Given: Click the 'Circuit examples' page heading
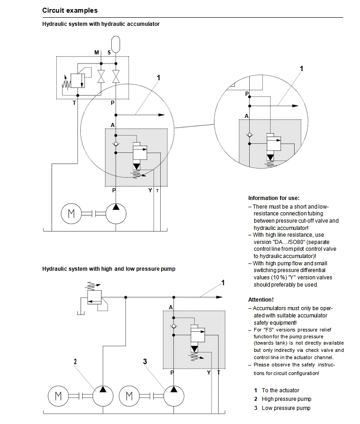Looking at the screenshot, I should coord(69,10).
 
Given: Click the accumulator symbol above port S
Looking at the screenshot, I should coord(116,43).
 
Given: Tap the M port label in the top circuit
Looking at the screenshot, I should coord(97,53).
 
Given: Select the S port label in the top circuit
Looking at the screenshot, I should coord(109,53).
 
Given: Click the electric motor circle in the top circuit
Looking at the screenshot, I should coord(71,213).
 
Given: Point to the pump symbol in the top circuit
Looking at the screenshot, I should coord(116,213).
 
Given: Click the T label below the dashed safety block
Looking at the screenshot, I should coord(74,103).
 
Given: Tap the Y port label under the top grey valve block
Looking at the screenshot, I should coord(150,190).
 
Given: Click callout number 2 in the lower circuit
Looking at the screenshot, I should coord(75,361).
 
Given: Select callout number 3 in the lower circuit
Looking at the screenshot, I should coord(145,361).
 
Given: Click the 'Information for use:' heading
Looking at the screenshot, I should coord(274,198).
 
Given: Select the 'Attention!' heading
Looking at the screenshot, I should coord(261,300).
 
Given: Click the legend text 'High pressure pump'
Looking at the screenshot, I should coord(286,399).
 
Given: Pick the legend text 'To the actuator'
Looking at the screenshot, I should coord(281,390).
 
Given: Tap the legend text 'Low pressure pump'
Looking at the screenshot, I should coord(286,408).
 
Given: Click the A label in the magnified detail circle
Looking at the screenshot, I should coord(247,116).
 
